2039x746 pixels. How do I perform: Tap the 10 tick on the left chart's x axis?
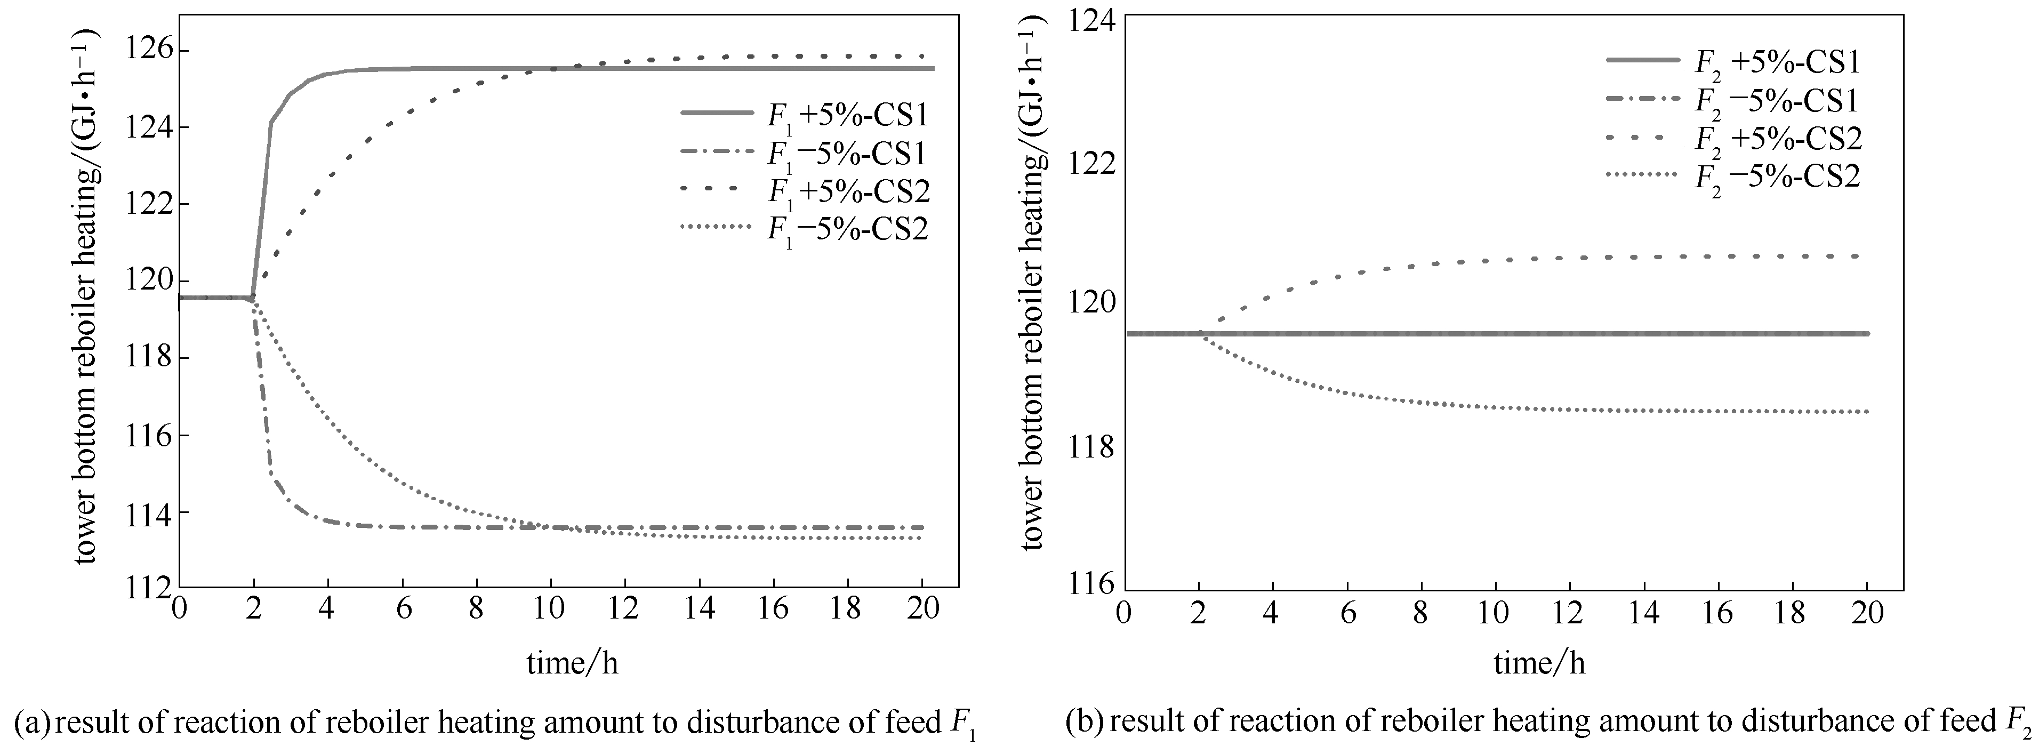[549, 608]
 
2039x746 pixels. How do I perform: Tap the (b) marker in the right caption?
[1083, 721]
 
